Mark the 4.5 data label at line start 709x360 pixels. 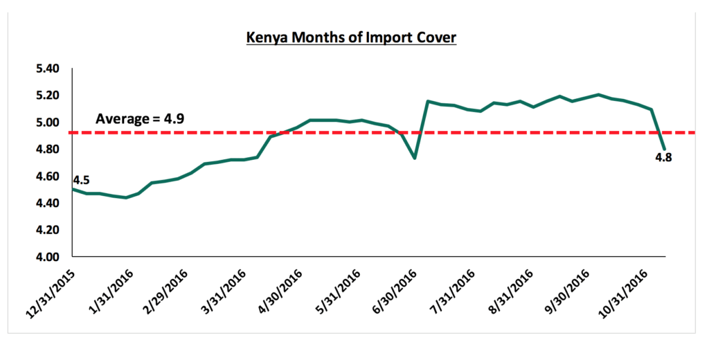(81, 180)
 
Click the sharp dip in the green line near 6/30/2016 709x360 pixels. (414, 159)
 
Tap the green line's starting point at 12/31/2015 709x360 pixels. (73, 189)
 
